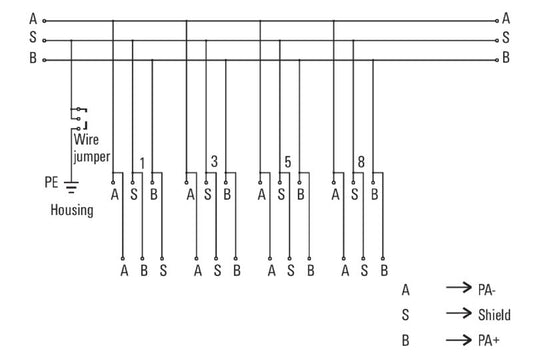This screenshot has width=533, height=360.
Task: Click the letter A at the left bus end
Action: coord(33,18)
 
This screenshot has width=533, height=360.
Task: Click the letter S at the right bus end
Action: coord(506,37)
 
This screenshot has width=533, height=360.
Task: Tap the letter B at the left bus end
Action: coord(33,57)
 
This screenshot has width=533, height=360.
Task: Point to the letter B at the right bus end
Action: coord(506,57)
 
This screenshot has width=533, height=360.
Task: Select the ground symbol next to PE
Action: coord(71,187)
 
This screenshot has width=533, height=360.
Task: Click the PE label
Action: coord(51,182)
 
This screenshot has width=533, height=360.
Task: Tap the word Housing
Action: coord(72,210)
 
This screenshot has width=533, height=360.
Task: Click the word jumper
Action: coord(91,157)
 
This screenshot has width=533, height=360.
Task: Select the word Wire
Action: coord(86,139)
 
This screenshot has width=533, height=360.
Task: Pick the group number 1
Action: coord(142,164)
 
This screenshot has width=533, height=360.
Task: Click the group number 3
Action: coord(214,161)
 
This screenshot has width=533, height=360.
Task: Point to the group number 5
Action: coord(288,162)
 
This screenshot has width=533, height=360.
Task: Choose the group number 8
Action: coord(361,162)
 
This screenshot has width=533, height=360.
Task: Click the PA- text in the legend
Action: coord(487,290)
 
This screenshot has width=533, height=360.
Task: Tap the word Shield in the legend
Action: coord(494,315)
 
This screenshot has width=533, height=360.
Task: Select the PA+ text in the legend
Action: coord(488,340)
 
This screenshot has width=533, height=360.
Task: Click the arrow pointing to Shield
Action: coord(459,313)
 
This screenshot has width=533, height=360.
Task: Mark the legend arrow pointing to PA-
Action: coord(459,288)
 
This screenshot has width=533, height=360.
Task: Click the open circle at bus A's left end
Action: coord(44,21)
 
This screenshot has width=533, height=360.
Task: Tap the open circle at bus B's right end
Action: coord(497,60)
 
